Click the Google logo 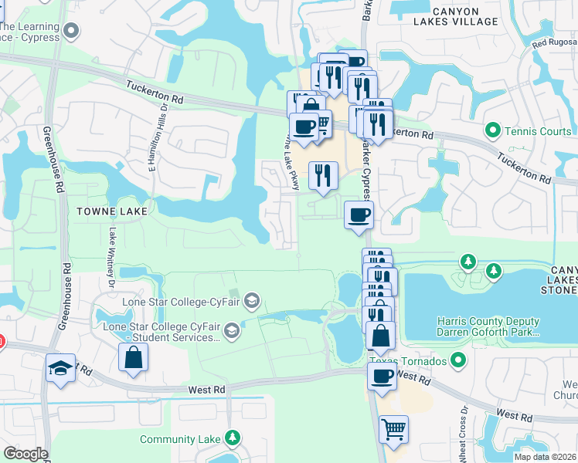tap(25, 454)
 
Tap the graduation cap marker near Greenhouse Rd tap(60, 369)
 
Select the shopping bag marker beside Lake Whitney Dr tap(133, 357)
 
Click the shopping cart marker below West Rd tap(394, 429)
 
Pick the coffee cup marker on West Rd tap(382, 377)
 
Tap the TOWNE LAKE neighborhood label tap(111, 209)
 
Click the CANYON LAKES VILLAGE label tap(454, 16)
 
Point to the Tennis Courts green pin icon tap(491, 130)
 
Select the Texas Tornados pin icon tap(459, 360)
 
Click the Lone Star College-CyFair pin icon tap(251, 299)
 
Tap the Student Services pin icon tap(230, 332)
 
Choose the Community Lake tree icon tap(232, 439)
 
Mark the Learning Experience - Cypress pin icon tap(72, 32)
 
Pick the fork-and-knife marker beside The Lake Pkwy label tap(323, 175)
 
